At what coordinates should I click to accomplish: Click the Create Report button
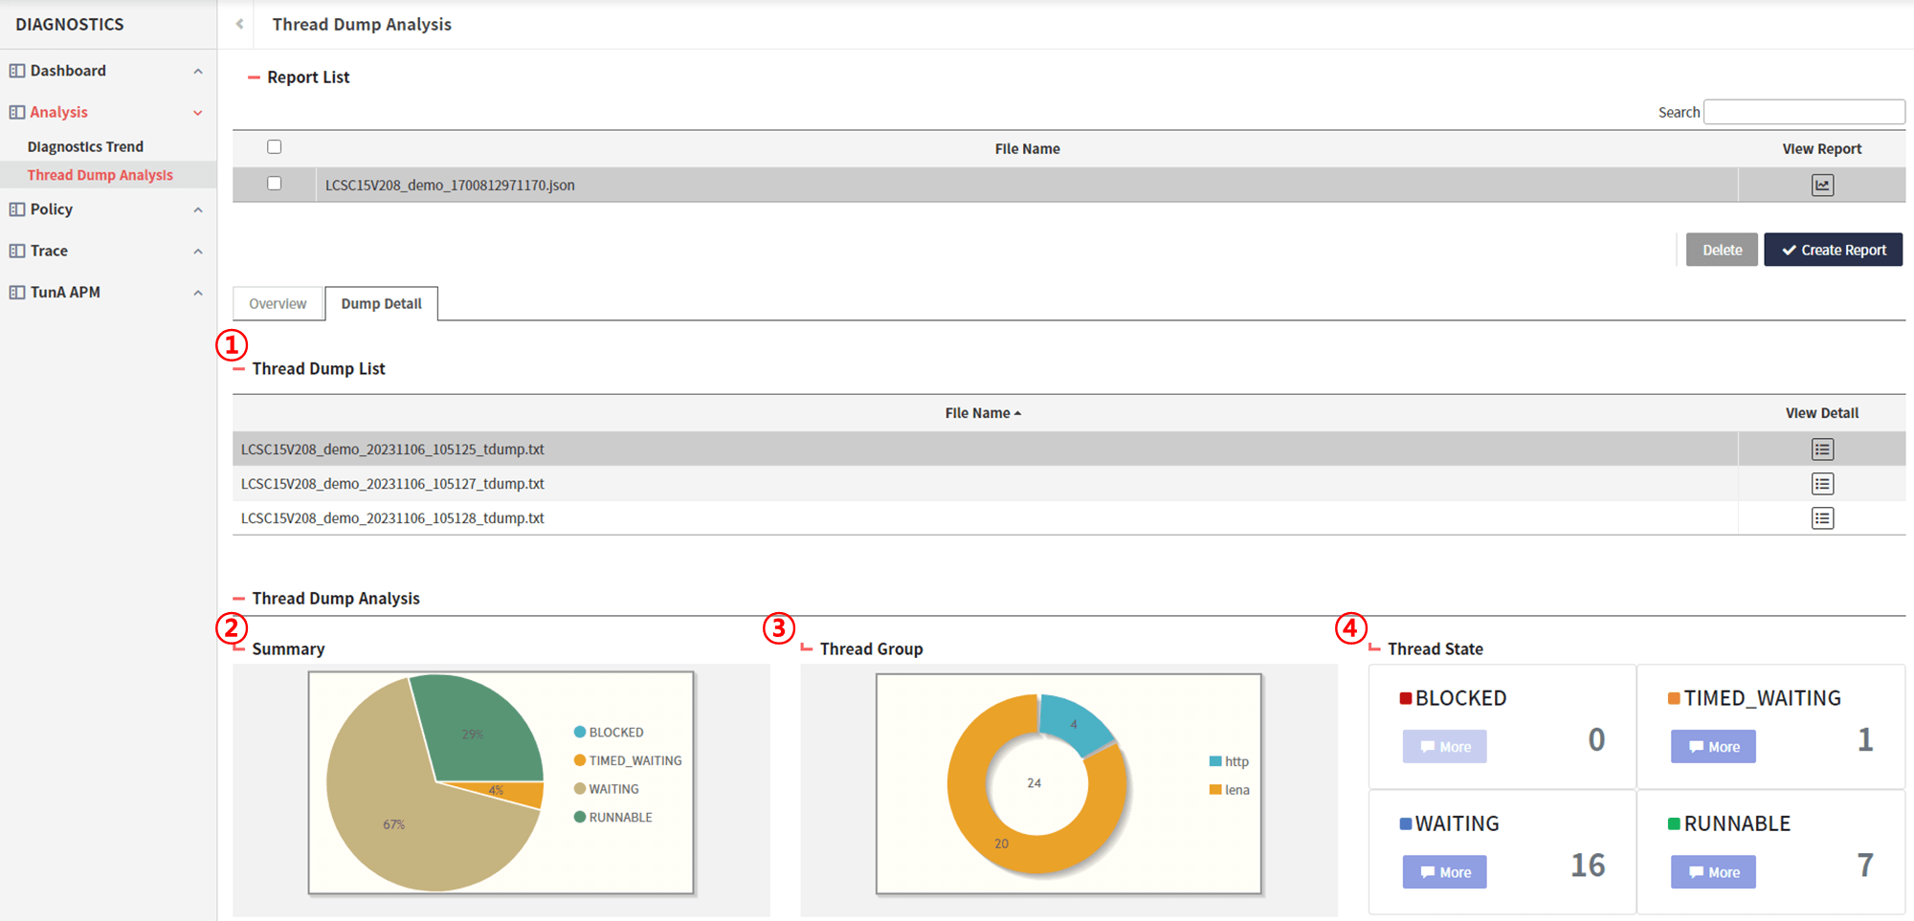(x=1833, y=250)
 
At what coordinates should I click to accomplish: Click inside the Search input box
(x=1804, y=112)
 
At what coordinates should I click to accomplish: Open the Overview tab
(x=278, y=303)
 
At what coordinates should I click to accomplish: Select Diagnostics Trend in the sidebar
(x=85, y=146)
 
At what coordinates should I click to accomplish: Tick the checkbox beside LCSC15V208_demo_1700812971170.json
(x=275, y=184)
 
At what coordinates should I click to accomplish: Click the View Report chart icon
(x=1822, y=185)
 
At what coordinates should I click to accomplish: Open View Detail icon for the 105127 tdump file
(x=1822, y=484)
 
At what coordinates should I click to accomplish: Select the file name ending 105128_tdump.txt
(x=392, y=518)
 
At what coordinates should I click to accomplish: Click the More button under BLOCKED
(x=1445, y=747)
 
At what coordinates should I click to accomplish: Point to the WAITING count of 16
(x=1588, y=865)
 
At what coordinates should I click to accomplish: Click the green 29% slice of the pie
(x=478, y=727)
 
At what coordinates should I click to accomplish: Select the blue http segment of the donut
(x=1074, y=725)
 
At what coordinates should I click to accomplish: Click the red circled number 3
(x=779, y=628)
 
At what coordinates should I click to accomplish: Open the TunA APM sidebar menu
(x=65, y=292)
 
